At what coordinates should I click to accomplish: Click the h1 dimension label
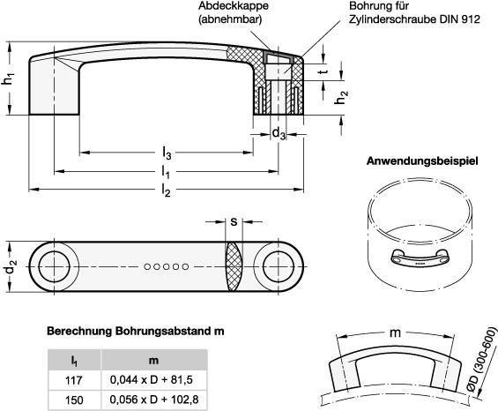point(9,78)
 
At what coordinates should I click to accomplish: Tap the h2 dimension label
point(341,97)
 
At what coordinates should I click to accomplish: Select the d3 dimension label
point(279,133)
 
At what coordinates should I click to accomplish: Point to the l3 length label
point(167,153)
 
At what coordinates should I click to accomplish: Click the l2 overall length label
point(166,190)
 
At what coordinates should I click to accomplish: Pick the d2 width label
point(11,267)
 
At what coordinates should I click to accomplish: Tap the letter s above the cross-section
point(234,221)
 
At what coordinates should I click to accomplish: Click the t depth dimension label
point(323,71)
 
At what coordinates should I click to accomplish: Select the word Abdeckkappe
point(234,5)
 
